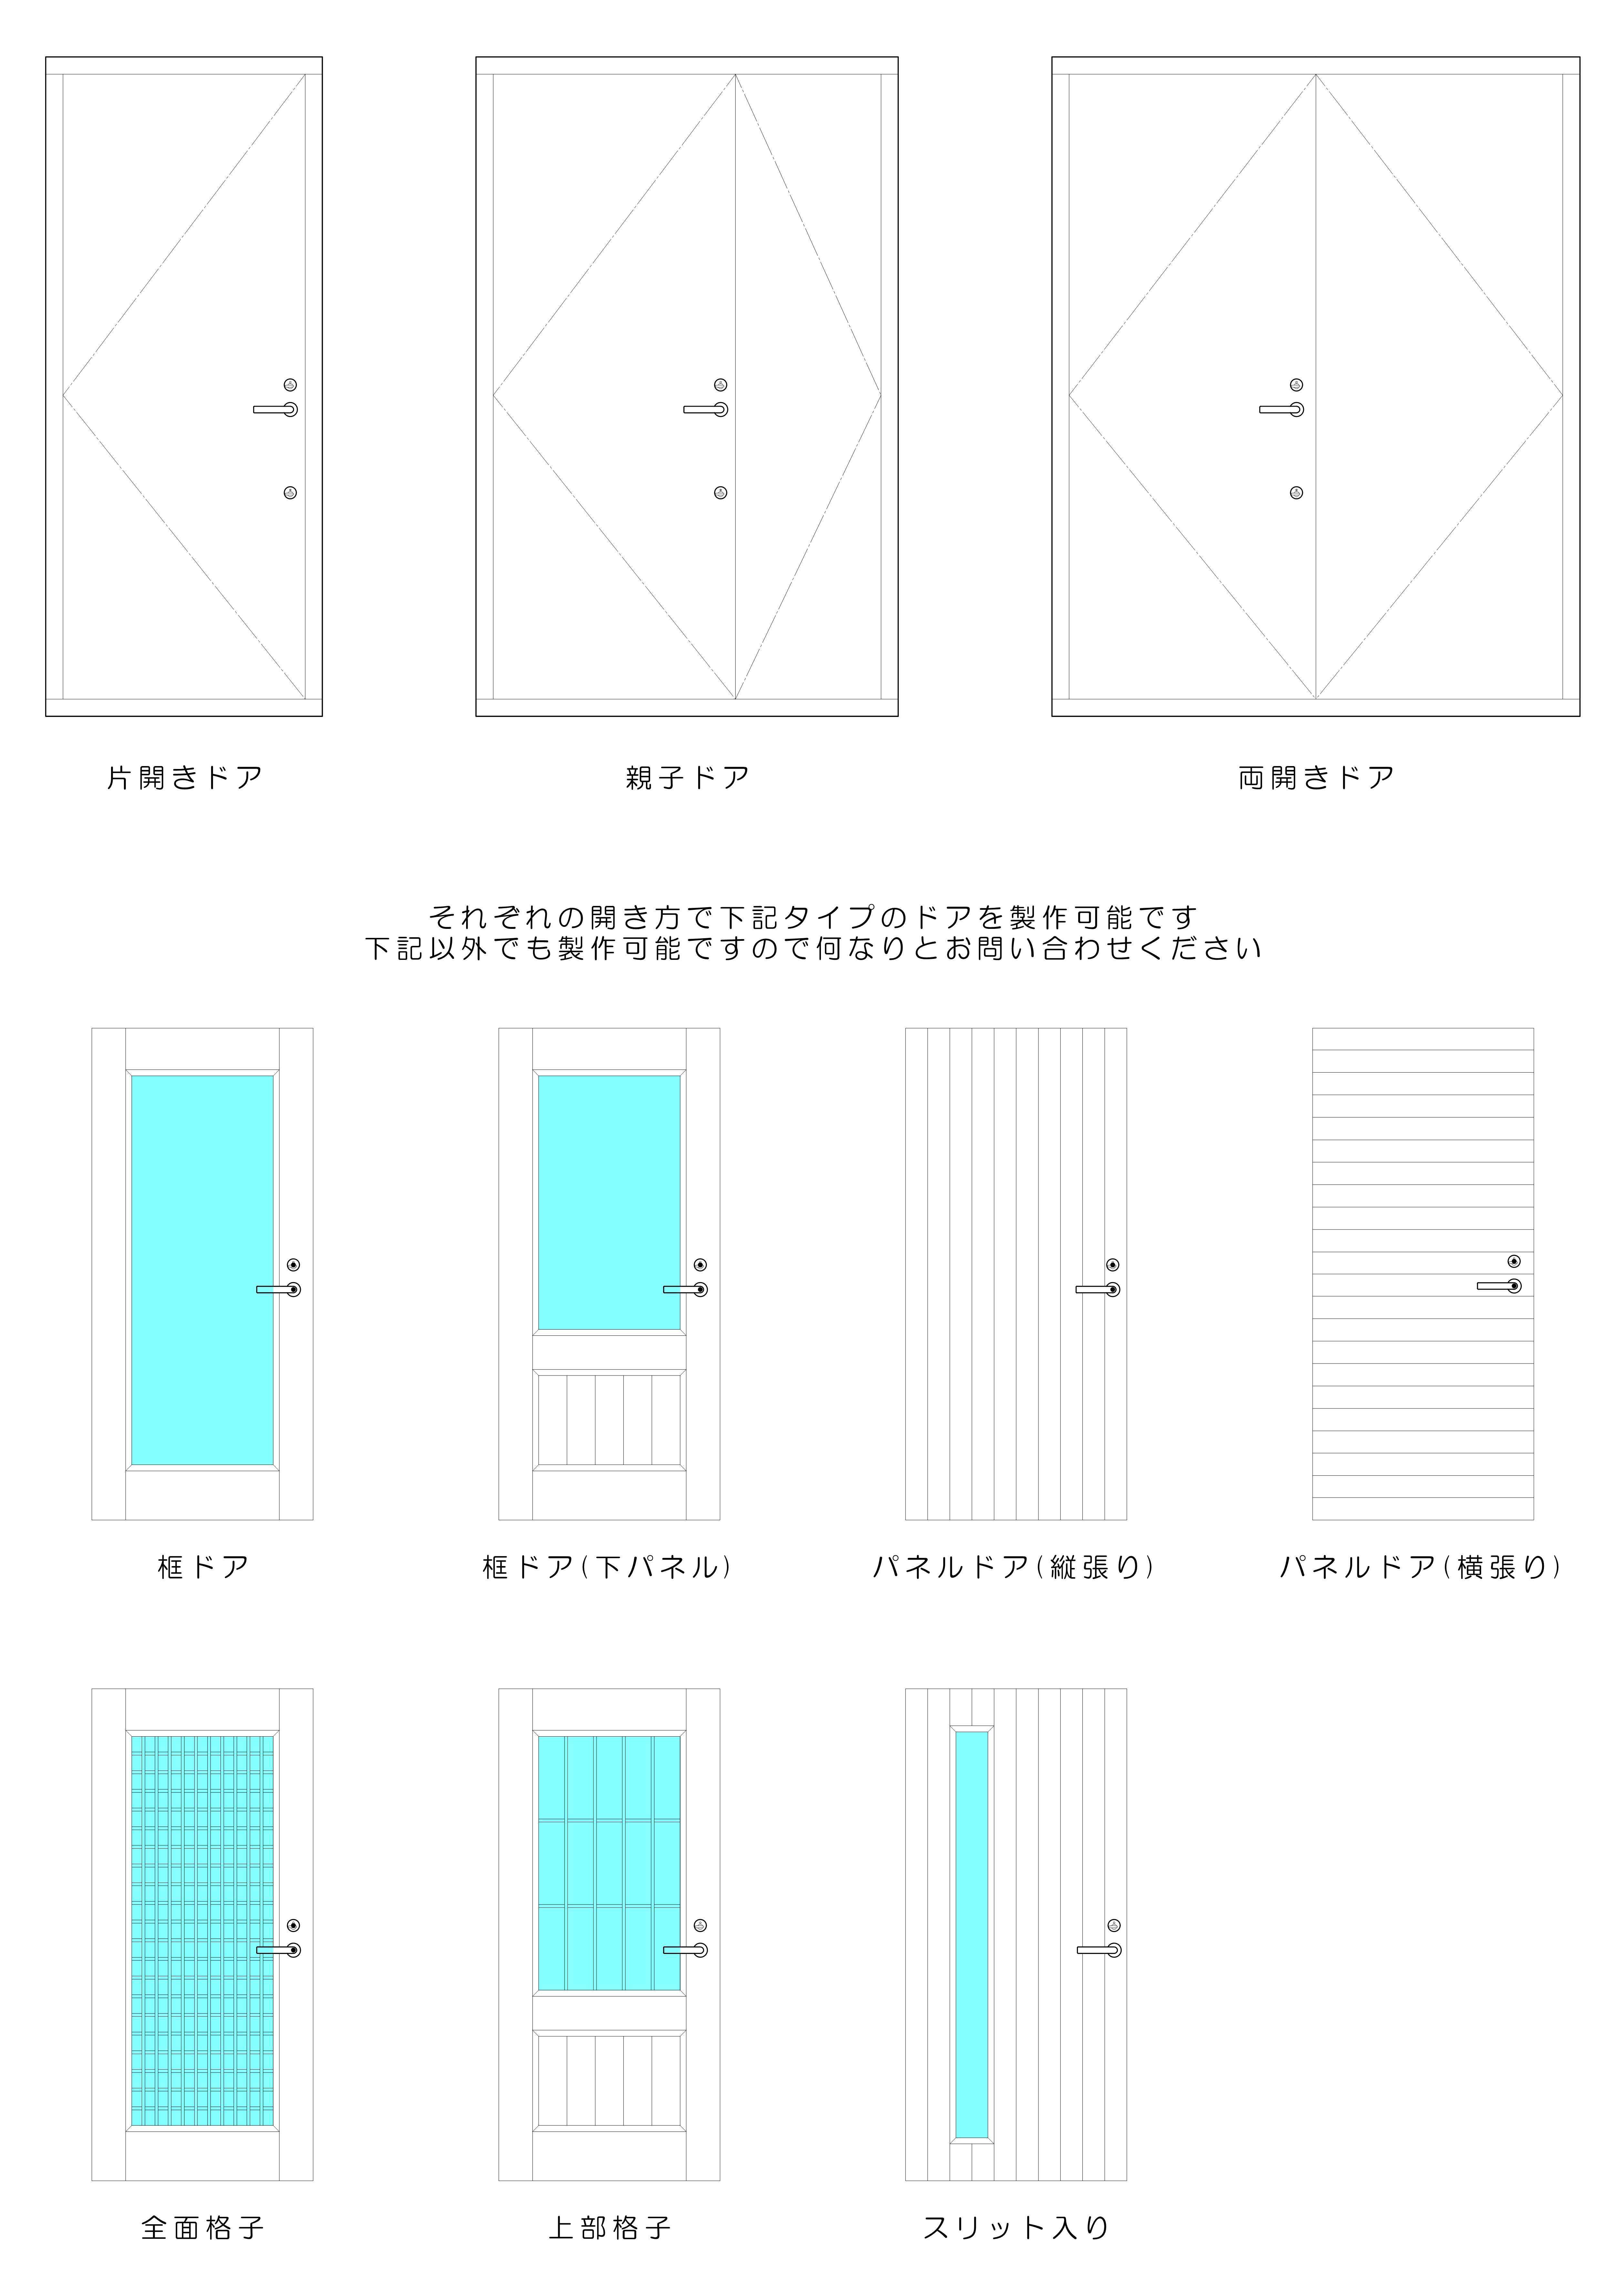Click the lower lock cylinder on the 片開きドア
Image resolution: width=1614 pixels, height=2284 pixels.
[x=291, y=493]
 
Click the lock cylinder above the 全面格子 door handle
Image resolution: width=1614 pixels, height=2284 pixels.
[x=293, y=1926]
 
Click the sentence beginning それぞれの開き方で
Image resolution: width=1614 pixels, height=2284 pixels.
[x=813, y=916]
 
